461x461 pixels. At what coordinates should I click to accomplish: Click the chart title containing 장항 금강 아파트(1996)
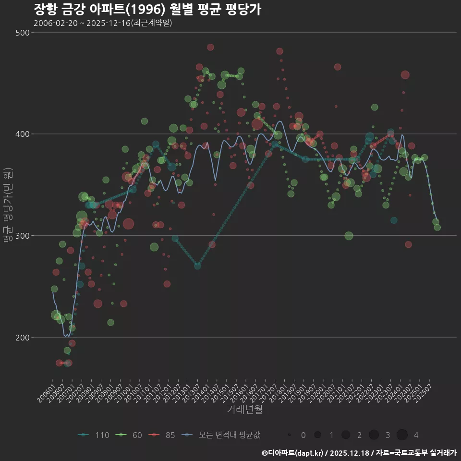pyautogui.click(x=147, y=10)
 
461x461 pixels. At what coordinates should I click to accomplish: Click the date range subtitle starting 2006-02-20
pyautogui.click(x=103, y=23)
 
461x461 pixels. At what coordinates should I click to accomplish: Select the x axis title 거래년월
pyautogui.click(x=244, y=410)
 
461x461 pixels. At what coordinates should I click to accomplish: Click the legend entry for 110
pyautogui.click(x=93, y=435)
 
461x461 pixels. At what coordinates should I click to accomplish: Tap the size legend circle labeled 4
pyautogui.click(x=402, y=435)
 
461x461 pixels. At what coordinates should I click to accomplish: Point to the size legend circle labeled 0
pyautogui.click(x=290, y=435)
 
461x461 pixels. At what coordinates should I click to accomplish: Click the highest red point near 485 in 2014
pyautogui.click(x=210, y=47)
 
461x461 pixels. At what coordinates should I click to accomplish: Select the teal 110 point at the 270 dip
pyautogui.click(x=197, y=266)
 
